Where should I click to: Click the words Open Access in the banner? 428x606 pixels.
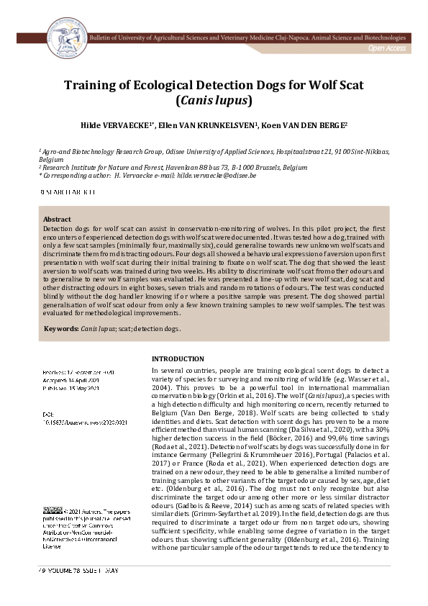[x=386, y=48]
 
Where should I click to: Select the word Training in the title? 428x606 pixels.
[x=91, y=85]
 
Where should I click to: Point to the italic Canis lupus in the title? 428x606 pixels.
[x=214, y=101]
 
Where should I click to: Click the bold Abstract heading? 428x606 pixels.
[x=57, y=219]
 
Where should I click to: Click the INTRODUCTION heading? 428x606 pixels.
[x=178, y=359]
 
